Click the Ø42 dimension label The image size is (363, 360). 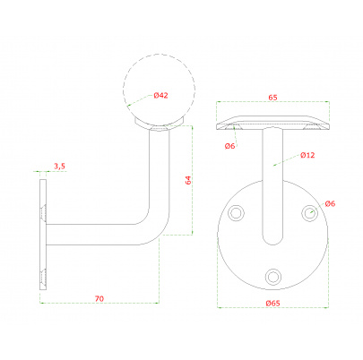click(x=160, y=96)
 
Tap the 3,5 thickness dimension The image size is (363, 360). click(x=59, y=167)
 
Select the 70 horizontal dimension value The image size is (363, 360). click(x=99, y=298)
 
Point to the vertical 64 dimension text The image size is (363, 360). click(x=188, y=180)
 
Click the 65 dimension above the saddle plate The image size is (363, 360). click(x=272, y=98)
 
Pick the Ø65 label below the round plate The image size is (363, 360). click(x=272, y=303)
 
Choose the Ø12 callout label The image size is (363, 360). click(x=307, y=155)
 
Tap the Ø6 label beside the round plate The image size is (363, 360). click(x=330, y=203)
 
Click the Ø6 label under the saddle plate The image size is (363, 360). click(x=229, y=146)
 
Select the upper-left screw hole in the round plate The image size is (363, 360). click(x=236, y=213)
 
